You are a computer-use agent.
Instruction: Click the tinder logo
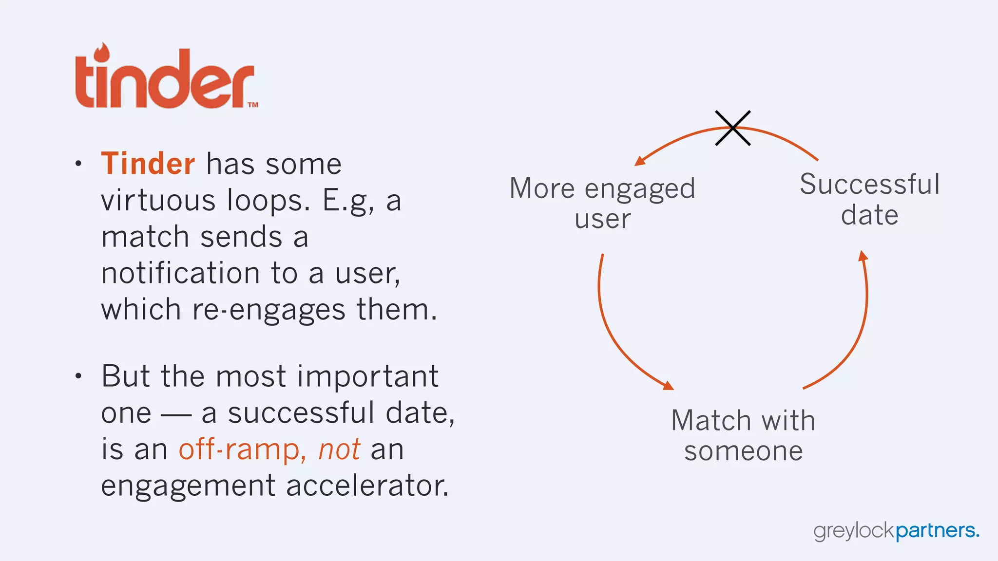pyautogui.click(x=166, y=78)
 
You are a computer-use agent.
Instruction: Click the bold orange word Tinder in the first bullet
pyautogui.click(x=148, y=164)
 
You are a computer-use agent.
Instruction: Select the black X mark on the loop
pyautogui.click(x=732, y=128)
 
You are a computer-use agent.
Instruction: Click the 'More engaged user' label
pyautogui.click(x=602, y=203)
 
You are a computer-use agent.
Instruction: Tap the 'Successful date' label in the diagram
pyautogui.click(x=870, y=199)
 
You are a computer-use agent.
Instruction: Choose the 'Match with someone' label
pyautogui.click(x=743, y=435)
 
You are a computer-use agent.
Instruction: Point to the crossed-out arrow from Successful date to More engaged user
pyautogui.click(x=682, y=139)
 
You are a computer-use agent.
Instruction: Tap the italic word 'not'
pyautogui.click(x=339, y=449)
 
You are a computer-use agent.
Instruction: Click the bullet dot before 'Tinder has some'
pyautogui.click(x=78, y=164)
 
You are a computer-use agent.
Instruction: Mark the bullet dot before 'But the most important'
pyautogui.click(x=78, y=376)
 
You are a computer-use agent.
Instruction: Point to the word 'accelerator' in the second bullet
pyautogui.click(x=366, y=486)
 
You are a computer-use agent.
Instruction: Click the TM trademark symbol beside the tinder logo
pyautogui.click(x=253, y=104)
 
